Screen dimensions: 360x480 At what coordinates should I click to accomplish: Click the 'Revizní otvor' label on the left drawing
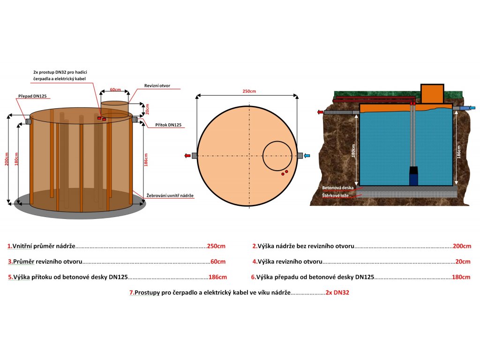(157, 86)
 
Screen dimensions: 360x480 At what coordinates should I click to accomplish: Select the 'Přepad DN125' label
(32, 96)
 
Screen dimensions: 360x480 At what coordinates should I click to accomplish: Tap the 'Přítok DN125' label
(168, 125)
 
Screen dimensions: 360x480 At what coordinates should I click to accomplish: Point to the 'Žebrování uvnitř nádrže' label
(170, 195)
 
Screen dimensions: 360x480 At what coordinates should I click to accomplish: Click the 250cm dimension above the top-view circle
(249, 91)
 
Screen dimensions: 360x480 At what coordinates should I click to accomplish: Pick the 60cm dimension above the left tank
(115, 89)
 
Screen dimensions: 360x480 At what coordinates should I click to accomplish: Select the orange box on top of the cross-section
(432, 94)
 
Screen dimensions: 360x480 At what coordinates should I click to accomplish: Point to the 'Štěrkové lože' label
(334, 195)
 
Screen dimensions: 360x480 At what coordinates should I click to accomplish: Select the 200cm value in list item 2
(461, 246)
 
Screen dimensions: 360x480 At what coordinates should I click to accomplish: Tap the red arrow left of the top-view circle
(187, 156)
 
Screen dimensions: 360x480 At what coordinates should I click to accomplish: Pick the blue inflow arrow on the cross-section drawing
(472, 108)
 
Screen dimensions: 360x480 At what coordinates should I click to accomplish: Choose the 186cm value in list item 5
(217, 277)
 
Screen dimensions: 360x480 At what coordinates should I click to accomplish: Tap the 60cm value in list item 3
(218, 262)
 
